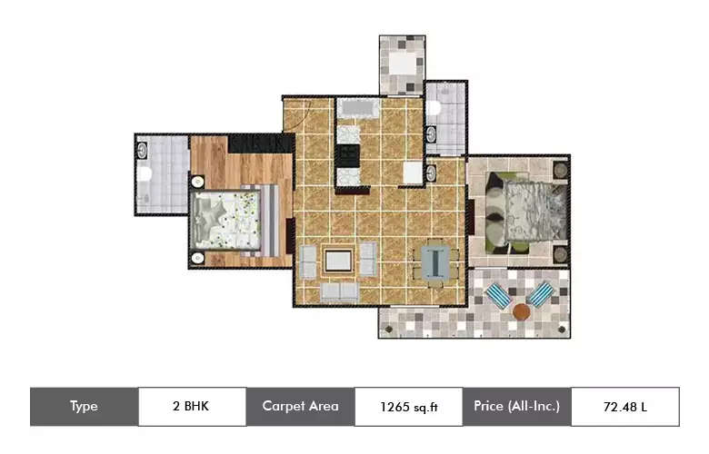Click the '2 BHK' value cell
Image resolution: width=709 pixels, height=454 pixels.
tap(191, 407)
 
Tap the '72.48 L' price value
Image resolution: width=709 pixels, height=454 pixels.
tap(624, 407)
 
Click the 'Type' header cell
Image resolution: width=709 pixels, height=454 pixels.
tap(84, 407)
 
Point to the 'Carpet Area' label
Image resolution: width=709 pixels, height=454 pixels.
tap(300, 407)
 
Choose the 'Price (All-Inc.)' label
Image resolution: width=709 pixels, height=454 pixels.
tap(516, 407)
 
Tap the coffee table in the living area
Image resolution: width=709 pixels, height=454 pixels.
tap(337, 262)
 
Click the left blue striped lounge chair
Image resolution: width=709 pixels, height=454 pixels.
tap(498, 295)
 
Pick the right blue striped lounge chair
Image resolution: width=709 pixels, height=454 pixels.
tap(543, 294)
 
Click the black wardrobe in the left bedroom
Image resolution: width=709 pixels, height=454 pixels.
tap(260, 143)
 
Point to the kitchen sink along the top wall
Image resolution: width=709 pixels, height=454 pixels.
tap(356, 109)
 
